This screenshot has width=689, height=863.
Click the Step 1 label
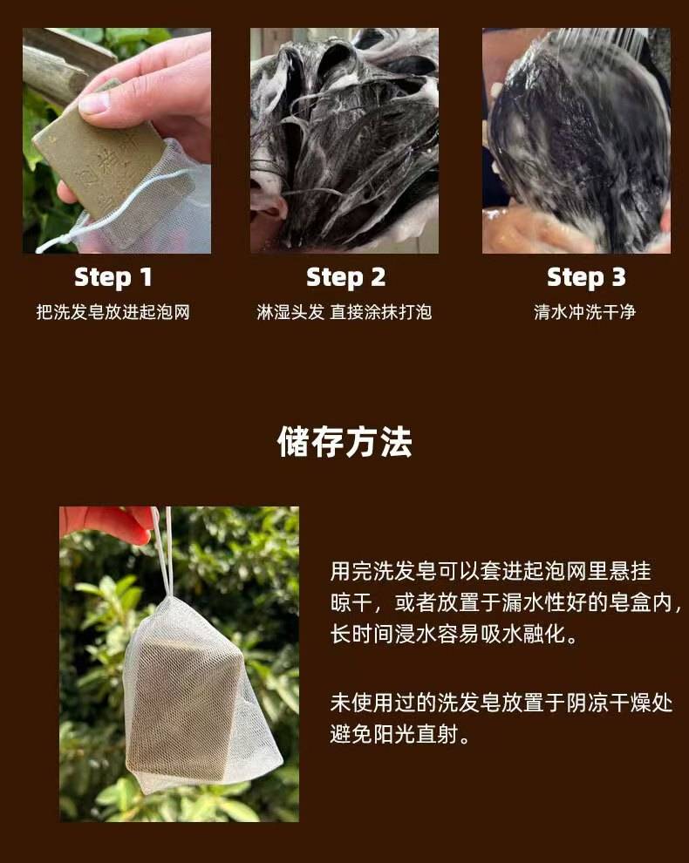113,277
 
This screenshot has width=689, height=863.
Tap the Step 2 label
345,277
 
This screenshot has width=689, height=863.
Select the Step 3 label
586,277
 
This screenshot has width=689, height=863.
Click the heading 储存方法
344,441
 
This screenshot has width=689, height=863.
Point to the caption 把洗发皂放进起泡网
113,312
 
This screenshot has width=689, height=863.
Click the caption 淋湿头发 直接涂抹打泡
344,312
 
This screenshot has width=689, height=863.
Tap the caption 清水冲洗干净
585,312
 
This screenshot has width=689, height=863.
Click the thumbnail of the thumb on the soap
93,103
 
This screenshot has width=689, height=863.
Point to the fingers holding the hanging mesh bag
106,522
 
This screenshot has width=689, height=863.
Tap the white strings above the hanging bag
163,550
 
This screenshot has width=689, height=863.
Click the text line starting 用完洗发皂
491,571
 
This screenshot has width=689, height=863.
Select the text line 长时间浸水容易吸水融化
454,634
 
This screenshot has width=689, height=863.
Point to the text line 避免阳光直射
400,734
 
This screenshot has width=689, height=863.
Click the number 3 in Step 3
619,277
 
